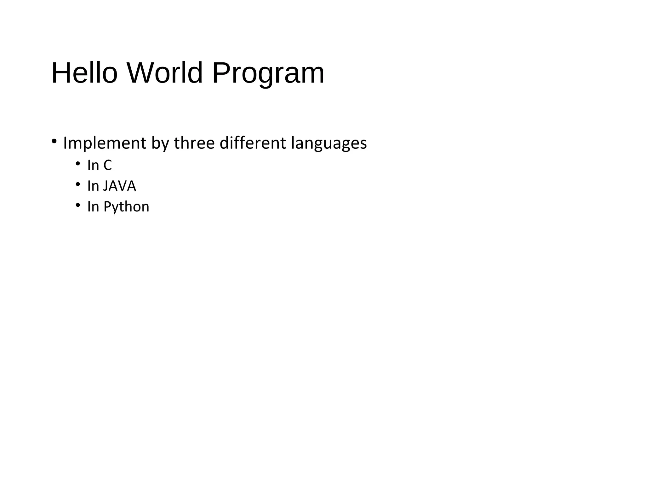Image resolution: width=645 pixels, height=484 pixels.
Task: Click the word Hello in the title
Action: pos(84,73)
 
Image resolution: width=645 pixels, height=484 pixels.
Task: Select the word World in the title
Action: pos(164,73)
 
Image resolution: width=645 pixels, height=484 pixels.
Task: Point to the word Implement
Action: pos(105,143)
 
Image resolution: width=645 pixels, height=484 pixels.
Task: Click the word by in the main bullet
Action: pos(160,143)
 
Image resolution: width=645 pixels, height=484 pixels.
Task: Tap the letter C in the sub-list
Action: pos(107,165)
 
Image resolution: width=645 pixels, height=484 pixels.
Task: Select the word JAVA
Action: pos(120,186)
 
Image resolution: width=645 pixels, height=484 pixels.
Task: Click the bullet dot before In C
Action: pos(77,163)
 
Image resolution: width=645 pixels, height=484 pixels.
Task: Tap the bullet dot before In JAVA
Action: pos(77,184)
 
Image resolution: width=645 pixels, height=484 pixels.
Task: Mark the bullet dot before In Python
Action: pos(77,205)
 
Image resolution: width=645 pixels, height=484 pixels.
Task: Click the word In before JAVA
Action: pos(93,186)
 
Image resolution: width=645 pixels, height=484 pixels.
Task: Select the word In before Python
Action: pos(93,207)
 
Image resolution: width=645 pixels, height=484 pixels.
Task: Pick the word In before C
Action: pos(93,165)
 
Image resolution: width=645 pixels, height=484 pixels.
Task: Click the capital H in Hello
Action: pos(60,73)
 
